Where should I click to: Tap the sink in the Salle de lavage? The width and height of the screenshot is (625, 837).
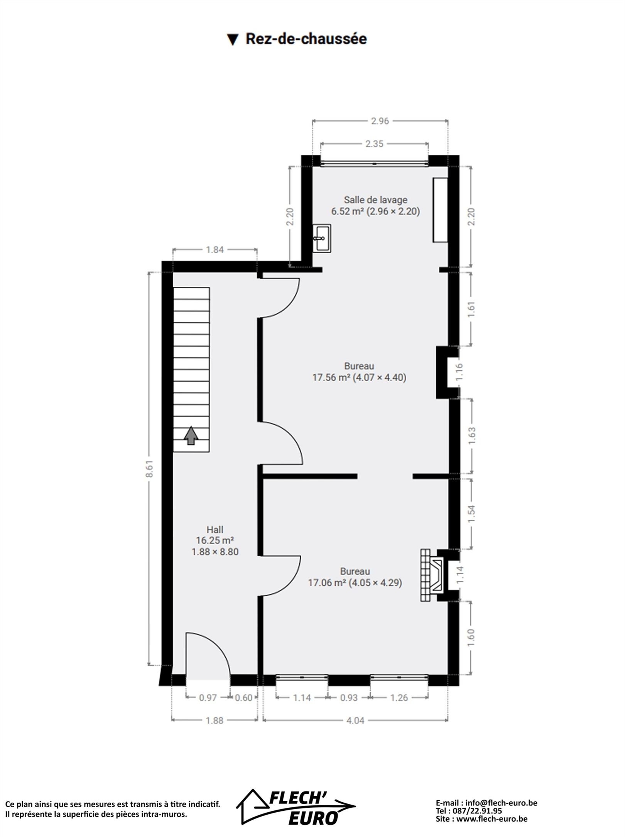(x=322, y=238)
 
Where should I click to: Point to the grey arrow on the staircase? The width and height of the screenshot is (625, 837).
(x=191, y=435)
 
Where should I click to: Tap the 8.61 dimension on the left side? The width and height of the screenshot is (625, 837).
(x=150, y=469)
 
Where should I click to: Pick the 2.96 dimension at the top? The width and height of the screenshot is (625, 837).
(x=380, y=121)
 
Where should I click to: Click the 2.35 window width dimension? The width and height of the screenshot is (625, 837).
(x=374, y=144)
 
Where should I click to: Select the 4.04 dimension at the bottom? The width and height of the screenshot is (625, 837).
(x=355, y=720)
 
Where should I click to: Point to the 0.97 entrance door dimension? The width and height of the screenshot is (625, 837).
(x=208, y=698)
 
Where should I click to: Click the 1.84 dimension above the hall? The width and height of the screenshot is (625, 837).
(x=215, y=250)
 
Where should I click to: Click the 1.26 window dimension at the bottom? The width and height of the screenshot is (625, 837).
(x=399, y=698)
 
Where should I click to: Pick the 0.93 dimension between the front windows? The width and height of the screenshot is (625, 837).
(x=349, y=698)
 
